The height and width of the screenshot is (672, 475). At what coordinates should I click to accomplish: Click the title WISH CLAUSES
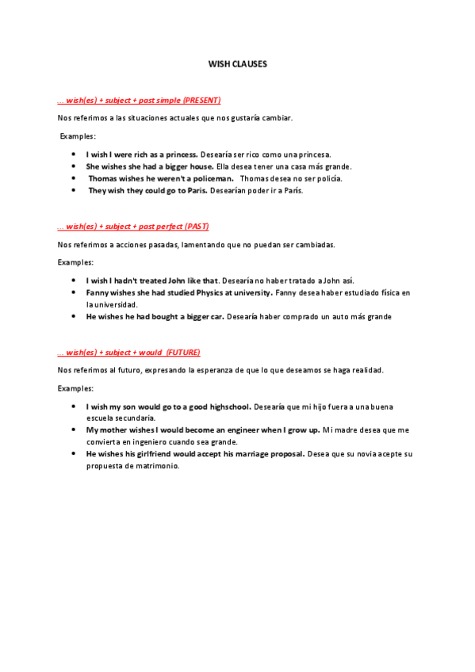238,63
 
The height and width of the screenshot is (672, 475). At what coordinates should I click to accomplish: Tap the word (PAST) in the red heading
196,227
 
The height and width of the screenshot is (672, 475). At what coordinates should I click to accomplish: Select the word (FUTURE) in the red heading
183,352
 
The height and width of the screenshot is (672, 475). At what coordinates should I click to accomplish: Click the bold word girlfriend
176,454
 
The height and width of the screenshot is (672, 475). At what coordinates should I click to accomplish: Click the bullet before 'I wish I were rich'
74,154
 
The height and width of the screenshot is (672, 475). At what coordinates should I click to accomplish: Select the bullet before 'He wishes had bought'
74,316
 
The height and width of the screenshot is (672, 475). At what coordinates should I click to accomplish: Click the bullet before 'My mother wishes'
74,430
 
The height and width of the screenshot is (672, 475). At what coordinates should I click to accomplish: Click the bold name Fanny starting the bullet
97,292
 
